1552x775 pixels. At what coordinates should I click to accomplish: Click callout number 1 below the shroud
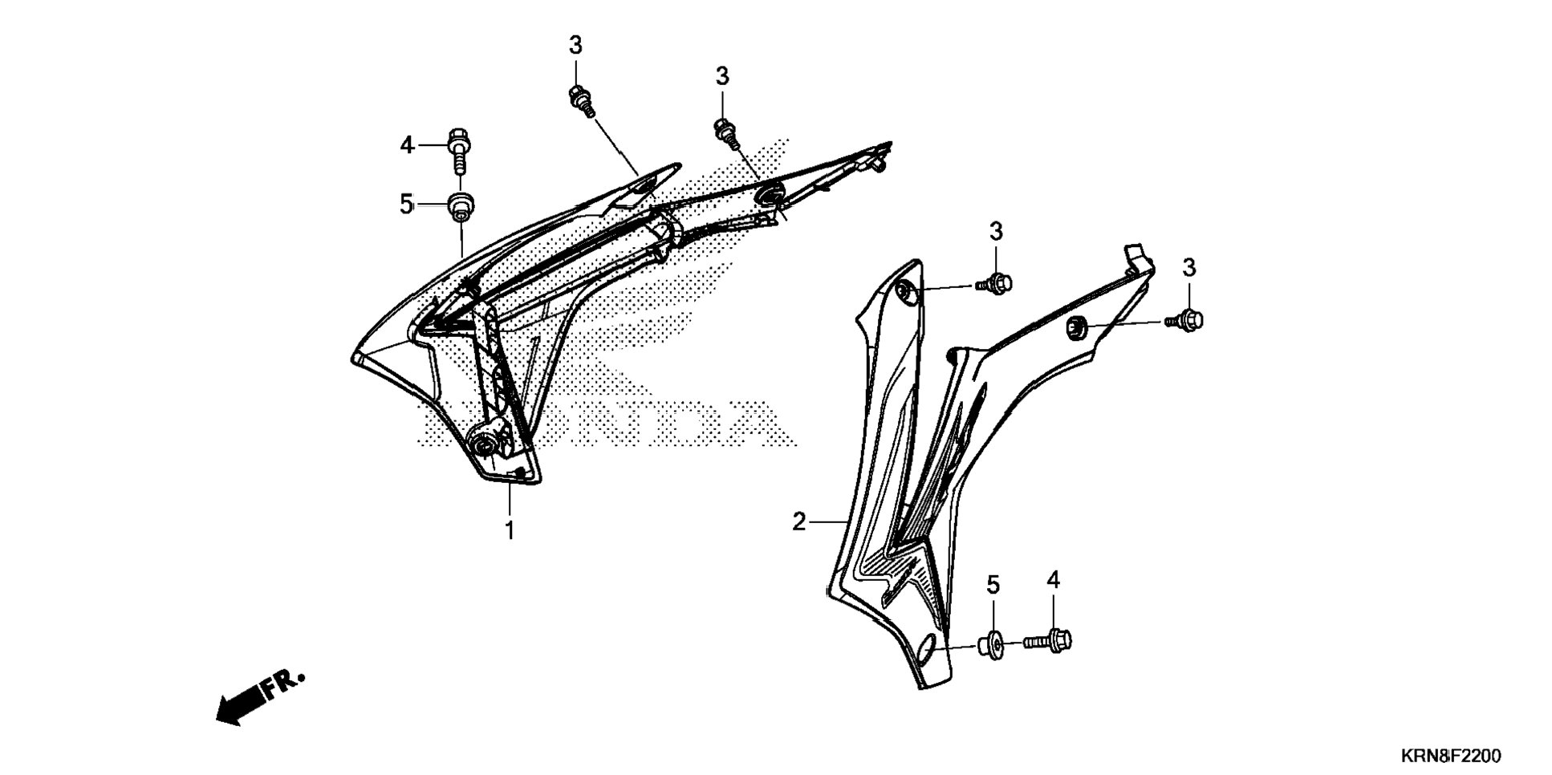pyautogui.click(x=509, y=530)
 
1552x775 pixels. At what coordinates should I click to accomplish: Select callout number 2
pyautogui.click(x=798, y=522)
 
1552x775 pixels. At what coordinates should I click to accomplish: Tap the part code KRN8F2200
pyautogui.click(x=1451, y=756)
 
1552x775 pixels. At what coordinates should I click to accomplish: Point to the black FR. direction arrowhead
pyautogui.click(x=233, y=711)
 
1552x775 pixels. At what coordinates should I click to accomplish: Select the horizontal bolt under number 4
pyautogui.click(x=1048, y=640)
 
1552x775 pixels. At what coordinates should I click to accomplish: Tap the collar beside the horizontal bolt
pyautogui.click(x=990, y=644)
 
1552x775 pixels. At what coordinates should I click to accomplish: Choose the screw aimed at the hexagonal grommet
pyautogui.click(x=1186, y=320)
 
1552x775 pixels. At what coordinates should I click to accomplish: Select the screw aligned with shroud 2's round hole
pyautogui.click(x=996, y=283)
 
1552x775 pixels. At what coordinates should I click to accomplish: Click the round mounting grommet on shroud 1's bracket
pyautogui.click(x=484, y=446)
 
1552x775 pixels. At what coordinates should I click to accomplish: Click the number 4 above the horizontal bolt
pyautogui.click(x=1053, y=580)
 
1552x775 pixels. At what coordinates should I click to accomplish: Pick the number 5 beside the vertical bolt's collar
pyautogui.click(x=406, y=205)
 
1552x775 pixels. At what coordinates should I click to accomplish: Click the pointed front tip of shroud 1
pyautogui.click(x=355, y=357)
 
